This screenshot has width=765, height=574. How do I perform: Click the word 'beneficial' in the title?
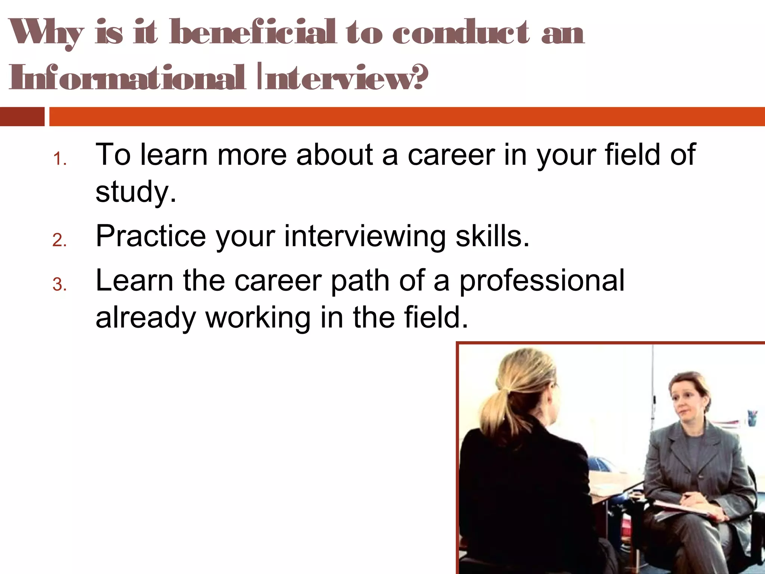click(x=253, y=33)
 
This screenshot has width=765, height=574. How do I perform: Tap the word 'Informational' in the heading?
click(x=127, y=78)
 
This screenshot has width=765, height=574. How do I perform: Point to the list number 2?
click(x=59, y=240)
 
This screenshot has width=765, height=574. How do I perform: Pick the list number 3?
click(x=59, y=285)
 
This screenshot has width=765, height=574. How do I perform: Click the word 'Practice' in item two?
click(x=151, y=236)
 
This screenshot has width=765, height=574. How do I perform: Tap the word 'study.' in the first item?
click(x=136, y=192)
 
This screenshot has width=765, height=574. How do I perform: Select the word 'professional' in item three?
click(x=542, y=281)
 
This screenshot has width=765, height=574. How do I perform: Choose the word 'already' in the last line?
click(x=146, y=318)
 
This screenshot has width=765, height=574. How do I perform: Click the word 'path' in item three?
click(x=360, y=281)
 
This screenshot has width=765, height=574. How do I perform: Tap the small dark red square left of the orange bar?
click(x=22, y=117)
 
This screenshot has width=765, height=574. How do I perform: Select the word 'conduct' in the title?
click(x=460, y=33)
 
